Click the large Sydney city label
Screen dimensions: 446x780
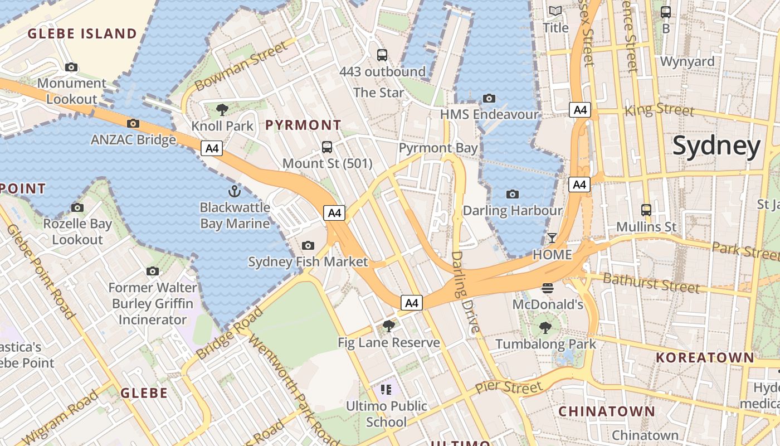(x=716, y=146)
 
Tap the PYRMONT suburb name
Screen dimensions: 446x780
(x=303, y=125)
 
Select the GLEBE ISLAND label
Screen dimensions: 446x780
(x=82, y=34)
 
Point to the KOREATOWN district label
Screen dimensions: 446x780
(x=705, y=357)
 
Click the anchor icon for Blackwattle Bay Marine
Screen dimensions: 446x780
(x=235, y=192)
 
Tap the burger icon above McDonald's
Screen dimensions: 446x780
(x=548, y=288)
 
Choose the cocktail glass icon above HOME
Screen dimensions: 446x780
(x=552, y=238)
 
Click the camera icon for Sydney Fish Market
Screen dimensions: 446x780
(x=308, y=245)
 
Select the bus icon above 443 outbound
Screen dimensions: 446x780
(x=382, y=55)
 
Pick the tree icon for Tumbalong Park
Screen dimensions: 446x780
(x=545, y=328)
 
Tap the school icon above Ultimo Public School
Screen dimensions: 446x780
(x=386, y=389)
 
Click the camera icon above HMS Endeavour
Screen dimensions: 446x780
(x=489, y=99)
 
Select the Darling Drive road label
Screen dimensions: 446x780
(x=465, y=292)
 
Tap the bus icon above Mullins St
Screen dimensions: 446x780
(x=646, y=210)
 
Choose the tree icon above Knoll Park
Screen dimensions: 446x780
(x=222, y=109)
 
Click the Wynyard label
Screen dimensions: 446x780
(x=687, y=61)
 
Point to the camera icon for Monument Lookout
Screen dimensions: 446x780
(x=71, y=67)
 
